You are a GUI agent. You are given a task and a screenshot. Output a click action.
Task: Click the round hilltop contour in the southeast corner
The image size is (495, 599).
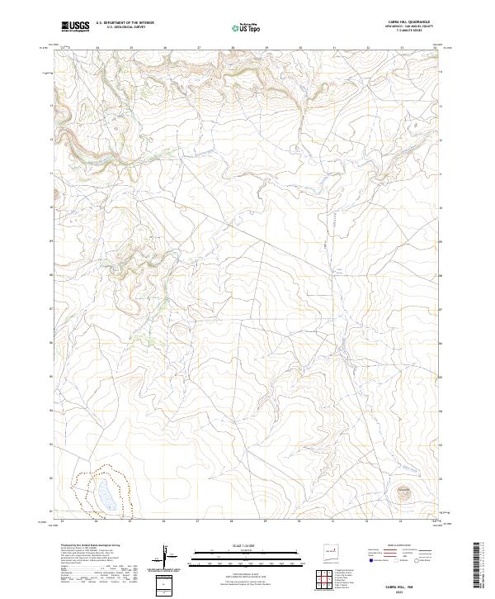pos(404,495)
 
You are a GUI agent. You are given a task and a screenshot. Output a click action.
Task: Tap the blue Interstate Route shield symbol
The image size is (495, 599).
pos(371,561)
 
